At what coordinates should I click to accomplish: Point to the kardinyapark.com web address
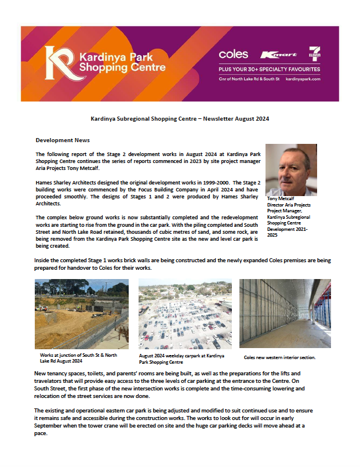click(x=303, y=78)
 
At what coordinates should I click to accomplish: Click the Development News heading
click(x=63, y=140)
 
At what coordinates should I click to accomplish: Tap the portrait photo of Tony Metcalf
click(x=291, y=170)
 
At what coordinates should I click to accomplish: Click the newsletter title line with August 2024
click(x=180, y=118)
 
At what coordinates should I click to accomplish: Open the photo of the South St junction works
click(x=81, y=314)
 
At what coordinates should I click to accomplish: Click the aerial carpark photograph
click(x=184, y=314)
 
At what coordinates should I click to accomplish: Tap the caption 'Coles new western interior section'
click(x=282, y=359)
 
